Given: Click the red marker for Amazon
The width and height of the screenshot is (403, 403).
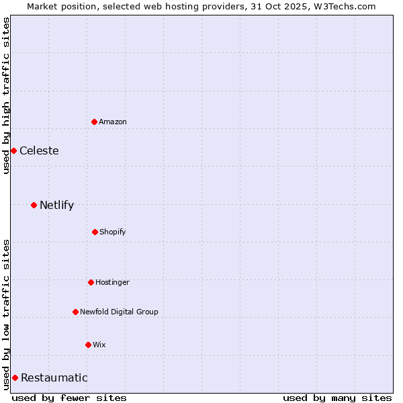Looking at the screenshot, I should pos(95,122).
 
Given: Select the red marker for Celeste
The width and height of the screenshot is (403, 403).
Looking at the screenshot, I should pos(13,150).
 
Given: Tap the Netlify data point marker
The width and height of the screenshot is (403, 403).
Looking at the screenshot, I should pos(34,205).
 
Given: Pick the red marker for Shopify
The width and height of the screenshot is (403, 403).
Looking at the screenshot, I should pos(95,232).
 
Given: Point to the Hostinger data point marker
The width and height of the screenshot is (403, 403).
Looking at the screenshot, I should pos(91,282).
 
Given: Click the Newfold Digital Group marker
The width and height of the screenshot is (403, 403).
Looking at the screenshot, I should pos(75,312).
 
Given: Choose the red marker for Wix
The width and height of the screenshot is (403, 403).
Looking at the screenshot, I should pos(88,345).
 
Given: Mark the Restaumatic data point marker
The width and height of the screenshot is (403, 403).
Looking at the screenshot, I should pos(15,377).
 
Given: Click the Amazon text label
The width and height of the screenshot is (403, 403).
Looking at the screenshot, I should pos(113,122).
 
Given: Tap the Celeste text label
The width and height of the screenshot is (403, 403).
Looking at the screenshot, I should pos(39,150).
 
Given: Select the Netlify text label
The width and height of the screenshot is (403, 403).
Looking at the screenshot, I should pos(56,205).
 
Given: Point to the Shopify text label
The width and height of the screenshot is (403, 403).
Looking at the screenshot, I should pos(113,232).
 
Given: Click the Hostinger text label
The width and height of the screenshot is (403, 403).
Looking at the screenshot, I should pos(112,282).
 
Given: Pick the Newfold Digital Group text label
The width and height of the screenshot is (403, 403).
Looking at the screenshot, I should pos(119,312).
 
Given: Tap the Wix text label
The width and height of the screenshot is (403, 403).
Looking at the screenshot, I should pos(99,345).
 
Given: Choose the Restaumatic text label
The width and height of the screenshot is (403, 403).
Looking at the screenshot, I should pos(54,377).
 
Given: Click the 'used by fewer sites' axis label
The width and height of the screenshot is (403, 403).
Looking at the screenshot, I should pos(69,398).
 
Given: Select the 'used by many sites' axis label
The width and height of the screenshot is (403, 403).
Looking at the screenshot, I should pos(337,398).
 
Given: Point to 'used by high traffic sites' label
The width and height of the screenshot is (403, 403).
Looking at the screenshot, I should pos(6,95).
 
